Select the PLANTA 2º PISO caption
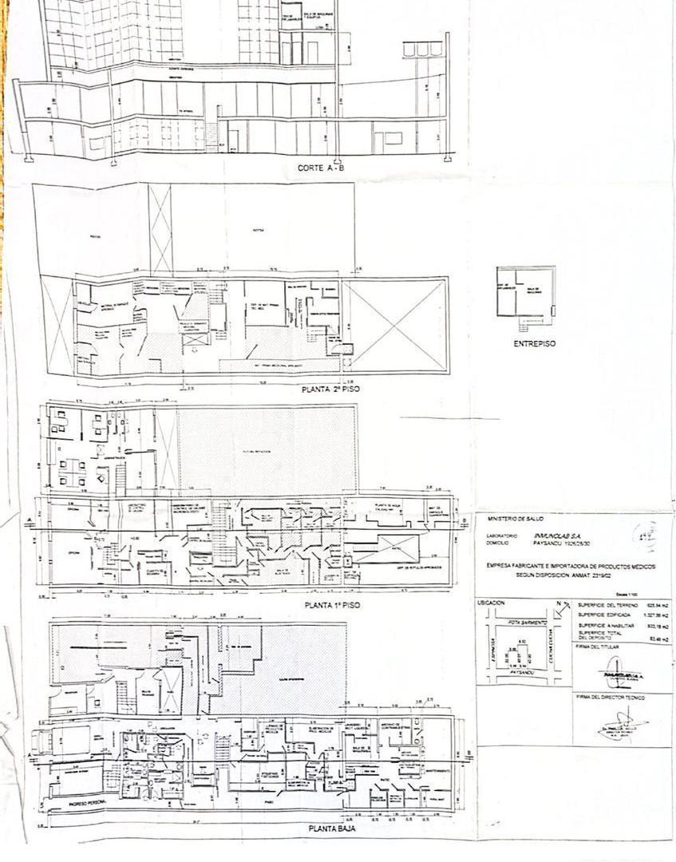pos(333,390)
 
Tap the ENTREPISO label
pos(534,344)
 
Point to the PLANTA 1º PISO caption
pos(332,606)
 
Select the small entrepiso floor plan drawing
pos(524,293)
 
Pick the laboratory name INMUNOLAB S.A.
pos(551,536)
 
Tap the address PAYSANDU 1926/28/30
pos(551,543)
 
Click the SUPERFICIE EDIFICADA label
pos(601,615)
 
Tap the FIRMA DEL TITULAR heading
pos(595,647)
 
